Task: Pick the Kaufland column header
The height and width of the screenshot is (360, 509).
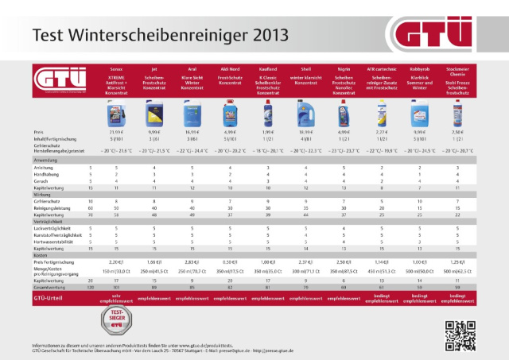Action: pos(268,79)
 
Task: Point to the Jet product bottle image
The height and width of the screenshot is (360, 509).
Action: pos(154,114)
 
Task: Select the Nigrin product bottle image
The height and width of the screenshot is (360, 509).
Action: pos(344,114)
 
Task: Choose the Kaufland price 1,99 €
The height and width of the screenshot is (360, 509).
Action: pos(268,131)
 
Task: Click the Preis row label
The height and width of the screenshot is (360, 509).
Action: pos(38,131)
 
